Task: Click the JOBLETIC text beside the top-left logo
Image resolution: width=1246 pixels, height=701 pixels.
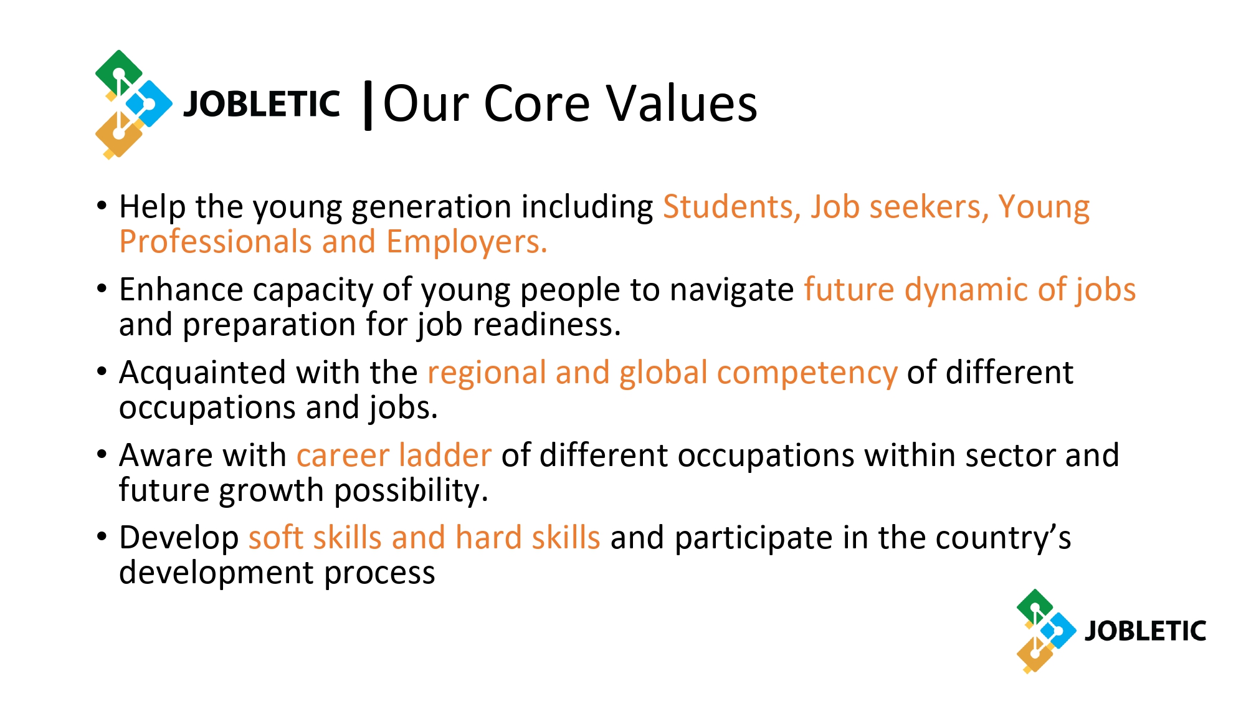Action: (262, 104)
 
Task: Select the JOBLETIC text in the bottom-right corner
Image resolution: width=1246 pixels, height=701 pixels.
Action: (1145, 631)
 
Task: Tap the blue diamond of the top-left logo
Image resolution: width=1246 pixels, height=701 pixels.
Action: (149, 103)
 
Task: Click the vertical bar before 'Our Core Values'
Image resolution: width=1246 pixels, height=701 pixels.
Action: (368, 105)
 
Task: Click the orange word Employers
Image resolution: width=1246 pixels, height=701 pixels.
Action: (467, 243)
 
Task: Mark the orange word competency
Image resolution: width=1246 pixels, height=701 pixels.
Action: (807, 373)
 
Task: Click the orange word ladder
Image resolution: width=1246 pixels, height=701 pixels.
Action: (445, 455)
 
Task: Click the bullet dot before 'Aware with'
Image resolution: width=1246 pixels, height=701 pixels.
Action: (102, 454)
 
